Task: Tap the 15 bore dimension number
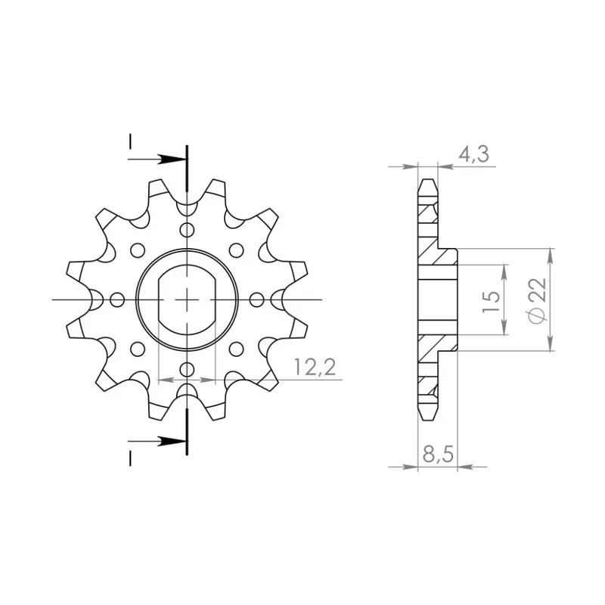pyautogui.click(x=491, y=301)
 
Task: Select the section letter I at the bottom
pyautogui.click(x=130, y=458)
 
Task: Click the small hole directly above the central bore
pyautogui.click(x=186, y=231)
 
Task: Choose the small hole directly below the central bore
pyautogui.click(x=186, y=369)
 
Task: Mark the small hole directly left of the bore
pyautogui.click(x=116, y=300)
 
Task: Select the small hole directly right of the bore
pyautogui.click(x=256, y=300)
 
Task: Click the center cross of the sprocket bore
pyautogui.click(x=186, y=300)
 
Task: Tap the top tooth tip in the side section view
pyautogui.click(x=428, y=181)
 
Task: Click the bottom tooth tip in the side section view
pyautogui.click(x=428, y=418)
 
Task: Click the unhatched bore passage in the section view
pyautogui.click(x=439, y=300)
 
